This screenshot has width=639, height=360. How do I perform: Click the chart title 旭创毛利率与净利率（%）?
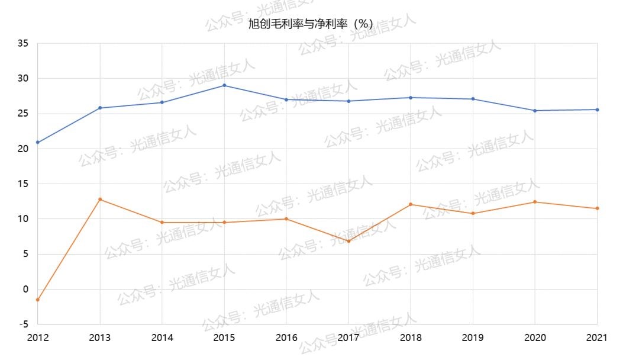[311, 24]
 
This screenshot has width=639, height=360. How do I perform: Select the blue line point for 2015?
[224, 85]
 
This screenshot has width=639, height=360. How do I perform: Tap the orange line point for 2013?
[100, 199]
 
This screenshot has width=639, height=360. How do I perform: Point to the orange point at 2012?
[37, 300]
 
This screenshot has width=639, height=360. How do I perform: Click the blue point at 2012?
[37, 142]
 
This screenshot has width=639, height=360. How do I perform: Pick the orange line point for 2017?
[348, 241]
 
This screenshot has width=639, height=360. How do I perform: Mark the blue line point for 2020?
[535, 111]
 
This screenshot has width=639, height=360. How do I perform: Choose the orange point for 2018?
[411, 204]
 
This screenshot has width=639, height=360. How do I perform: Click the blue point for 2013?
[100, 108]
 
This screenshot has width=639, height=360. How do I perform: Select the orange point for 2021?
[597, 208]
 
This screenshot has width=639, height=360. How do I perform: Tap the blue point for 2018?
[411, 98]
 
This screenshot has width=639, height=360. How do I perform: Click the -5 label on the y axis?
[23, 324]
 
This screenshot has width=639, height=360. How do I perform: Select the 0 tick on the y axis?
[25, 289]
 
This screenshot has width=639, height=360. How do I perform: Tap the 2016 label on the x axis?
[286, 337]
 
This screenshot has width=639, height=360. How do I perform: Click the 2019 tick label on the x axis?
[473, 337]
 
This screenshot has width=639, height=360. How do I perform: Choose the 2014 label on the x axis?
[162, 337]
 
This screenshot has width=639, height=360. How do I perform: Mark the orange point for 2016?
[286, 219]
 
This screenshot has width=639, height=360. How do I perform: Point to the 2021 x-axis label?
[597, 337]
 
